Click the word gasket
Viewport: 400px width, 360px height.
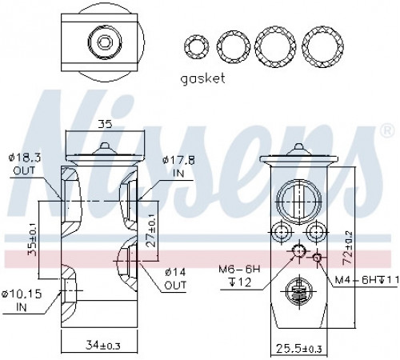(202, 79)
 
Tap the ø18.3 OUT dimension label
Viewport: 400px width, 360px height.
(25, 164)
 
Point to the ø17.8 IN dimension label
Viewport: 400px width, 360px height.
(178, 167)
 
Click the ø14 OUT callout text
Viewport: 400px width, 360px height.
(175, 279)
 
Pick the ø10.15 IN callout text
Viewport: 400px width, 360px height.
(22, 301)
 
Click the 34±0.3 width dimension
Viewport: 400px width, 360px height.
(103, 346)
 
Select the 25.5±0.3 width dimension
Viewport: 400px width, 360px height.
(299, 348)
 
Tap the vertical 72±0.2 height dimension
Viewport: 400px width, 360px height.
(347, 248)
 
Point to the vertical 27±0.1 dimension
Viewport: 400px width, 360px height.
(151, 230)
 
